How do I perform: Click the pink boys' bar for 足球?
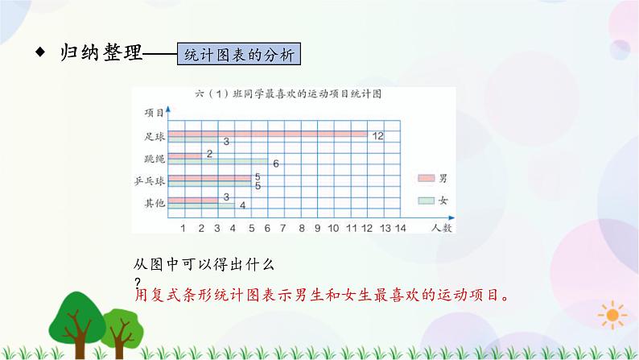[x=267, y=134]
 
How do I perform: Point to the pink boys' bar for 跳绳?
[x=183, y=155]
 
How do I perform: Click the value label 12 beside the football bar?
[x=378, y=135]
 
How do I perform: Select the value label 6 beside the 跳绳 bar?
[x=275, y=164]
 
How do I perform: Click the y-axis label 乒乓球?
[x=150, y=180]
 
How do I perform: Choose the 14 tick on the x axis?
[x=401, y=230]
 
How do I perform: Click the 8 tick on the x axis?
[x=301, y=230]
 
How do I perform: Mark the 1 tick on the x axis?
[x=183, y=230]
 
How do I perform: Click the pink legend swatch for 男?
[x=426, y=178]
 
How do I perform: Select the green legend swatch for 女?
[x=426, y=199]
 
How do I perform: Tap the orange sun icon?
[x=615, y=313]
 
